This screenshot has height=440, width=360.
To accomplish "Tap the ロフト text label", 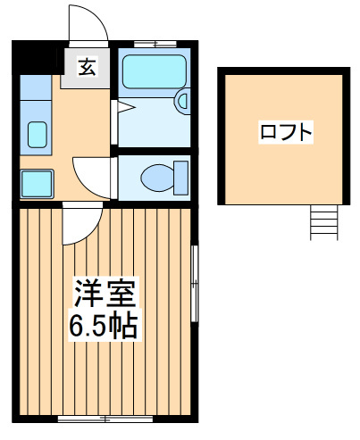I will (286, 134).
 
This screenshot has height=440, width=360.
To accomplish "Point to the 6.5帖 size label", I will (103, 326).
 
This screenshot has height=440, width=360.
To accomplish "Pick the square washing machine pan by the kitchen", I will (38, 184).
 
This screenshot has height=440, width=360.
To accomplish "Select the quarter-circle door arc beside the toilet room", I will (91, 177).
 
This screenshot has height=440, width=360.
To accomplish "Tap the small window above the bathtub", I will (153, 41).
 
